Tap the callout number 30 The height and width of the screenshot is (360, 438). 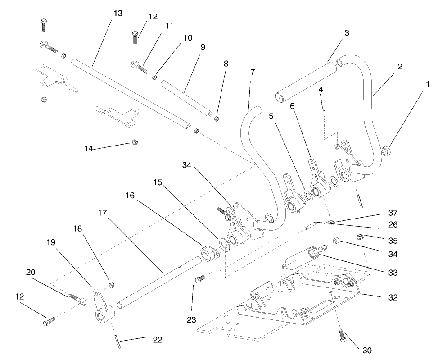click(368, 350)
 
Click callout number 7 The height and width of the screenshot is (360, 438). click(252, 72)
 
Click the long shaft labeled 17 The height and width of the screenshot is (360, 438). click(158, 282)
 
